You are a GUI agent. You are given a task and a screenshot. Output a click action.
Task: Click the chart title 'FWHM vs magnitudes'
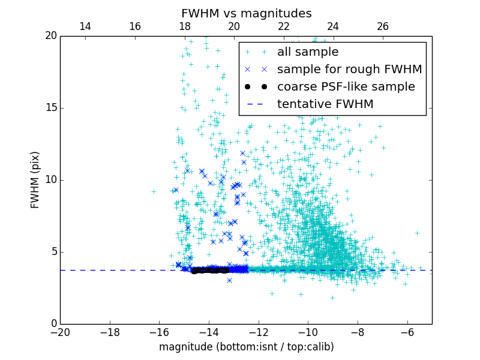pos(246,13)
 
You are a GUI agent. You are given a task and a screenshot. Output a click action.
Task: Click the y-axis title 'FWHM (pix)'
pos(35,179)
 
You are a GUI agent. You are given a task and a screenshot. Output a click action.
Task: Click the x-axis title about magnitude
pos(246,347)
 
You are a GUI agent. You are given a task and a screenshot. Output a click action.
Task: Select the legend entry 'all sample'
pos(307,52)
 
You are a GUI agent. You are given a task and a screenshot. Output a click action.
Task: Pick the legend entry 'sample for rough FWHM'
pos(349,70)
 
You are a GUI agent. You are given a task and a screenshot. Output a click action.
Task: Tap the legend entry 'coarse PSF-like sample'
pos(346,87)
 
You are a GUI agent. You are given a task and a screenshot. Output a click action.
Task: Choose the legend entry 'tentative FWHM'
pos(325,104)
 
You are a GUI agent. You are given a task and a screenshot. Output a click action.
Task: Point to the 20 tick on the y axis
pos(50,36)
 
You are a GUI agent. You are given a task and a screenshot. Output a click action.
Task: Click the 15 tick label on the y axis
pos(50,108)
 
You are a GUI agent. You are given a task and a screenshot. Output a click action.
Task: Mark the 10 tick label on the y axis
pos(50,180)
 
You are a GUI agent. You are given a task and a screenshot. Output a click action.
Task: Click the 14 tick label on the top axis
pos(85,26)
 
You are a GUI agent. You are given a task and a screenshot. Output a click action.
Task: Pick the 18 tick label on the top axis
pos(184,26)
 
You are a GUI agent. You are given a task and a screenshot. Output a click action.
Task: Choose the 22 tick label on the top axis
pos(284,26)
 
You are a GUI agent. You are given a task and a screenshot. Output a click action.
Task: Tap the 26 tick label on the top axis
pos(383,26)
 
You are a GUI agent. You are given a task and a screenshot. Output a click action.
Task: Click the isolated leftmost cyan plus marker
pos(154,191)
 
